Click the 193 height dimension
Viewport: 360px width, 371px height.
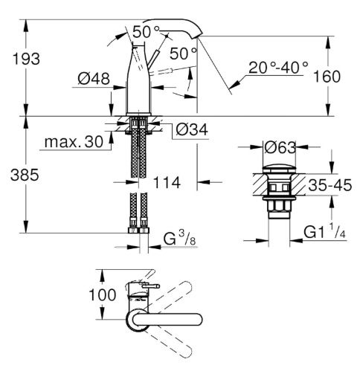coord(26,59)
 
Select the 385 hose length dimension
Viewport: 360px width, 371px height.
coord(25,175)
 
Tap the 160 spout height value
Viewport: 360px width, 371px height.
coord(327,77)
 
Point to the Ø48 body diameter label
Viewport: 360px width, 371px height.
coord(94,79)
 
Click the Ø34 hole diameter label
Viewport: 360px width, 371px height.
coord(192,129)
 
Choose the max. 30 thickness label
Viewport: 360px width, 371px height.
coord(74,142)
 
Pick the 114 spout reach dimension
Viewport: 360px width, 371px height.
coord(167,183)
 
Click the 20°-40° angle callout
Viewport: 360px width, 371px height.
coord(278,67)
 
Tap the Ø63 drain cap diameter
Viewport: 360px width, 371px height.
coord(280,148)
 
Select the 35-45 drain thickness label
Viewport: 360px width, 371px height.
coord(330,185)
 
